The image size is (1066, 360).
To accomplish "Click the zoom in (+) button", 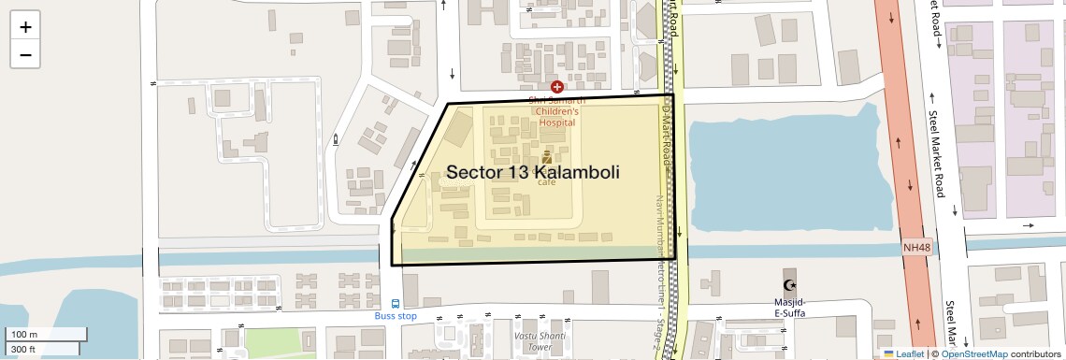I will [x=25, y=27].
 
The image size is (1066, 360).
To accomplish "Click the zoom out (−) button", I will [x=25, y=55].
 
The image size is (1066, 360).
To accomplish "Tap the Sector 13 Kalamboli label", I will [x=533, y=173].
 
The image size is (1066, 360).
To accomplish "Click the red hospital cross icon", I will [x=557, y=86].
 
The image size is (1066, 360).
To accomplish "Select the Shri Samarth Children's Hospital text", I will [x=555, y=111].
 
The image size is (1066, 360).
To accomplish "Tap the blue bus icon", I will [x=396, y=304].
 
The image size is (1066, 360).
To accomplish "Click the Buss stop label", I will [x=396, y=316].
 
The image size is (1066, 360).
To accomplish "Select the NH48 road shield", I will [x=917, y=248].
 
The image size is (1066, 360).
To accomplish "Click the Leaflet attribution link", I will [x=902, y=353].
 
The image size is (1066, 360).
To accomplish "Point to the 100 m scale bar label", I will [x=25, y=335].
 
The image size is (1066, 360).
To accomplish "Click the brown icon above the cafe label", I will [x=547, y=158].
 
